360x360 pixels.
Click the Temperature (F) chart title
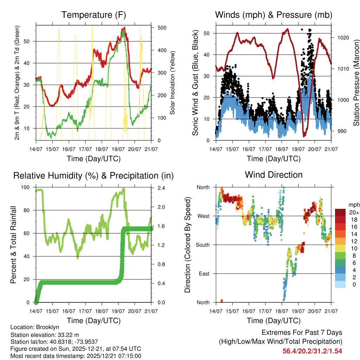pos(94,15)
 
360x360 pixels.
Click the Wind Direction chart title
pos(274,175)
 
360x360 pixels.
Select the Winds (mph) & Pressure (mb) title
pos(274,15)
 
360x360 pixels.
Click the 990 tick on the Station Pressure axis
pos(339,131)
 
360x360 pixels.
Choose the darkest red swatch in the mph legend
pos(340,212)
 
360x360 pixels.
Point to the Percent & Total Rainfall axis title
pos(13,245)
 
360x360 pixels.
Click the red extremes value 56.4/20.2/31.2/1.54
pos(312,351)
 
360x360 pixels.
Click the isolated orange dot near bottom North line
pos(221,301)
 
